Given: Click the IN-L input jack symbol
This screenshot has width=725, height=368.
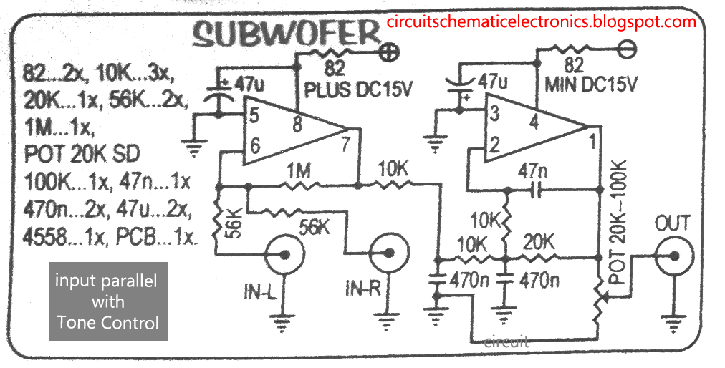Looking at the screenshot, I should click(x=279, y=253).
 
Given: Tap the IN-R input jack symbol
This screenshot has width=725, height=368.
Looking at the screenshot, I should click(x=384, y=253).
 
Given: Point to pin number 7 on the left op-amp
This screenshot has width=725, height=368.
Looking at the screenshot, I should click(x=345, y=145).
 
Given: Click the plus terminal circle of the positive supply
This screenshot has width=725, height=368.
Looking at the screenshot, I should click(x=390, y=51).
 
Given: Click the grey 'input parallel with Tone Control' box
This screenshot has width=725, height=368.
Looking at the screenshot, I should click(x=107, y=301).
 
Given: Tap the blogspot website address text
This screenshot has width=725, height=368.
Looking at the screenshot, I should click(x=541, y=21).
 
